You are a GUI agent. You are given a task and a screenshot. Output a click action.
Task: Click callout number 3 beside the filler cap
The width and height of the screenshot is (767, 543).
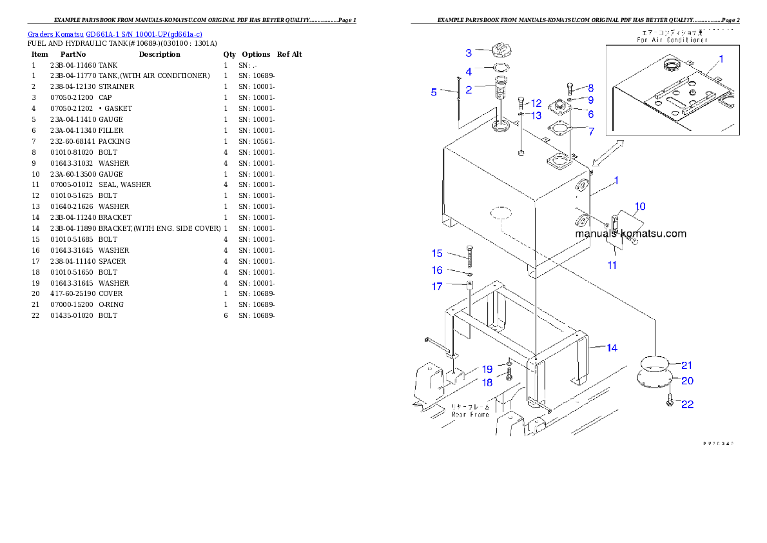pos(469,53)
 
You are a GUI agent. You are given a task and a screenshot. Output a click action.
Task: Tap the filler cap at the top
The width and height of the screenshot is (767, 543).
pos(500,49)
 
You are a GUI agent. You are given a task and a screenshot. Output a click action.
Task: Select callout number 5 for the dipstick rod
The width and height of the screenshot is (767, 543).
pos(434,92)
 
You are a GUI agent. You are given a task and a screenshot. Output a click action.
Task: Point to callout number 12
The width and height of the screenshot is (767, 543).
pos(536,103)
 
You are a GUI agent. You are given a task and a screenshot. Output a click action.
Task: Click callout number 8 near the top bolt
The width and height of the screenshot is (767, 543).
pos(590,88)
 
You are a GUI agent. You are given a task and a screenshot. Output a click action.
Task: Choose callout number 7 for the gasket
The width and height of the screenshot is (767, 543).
pos(591,131)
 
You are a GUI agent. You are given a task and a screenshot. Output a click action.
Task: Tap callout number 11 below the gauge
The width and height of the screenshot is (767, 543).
pos(612,264)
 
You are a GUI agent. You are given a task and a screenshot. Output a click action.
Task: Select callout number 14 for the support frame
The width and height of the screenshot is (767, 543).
pos(612,348)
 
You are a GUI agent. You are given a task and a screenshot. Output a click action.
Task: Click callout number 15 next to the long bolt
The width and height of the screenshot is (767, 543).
pos(437,253)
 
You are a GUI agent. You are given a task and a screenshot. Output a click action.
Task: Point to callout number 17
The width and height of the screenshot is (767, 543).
pos(437,286)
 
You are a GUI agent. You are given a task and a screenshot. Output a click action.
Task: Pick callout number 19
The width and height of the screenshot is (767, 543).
pos(487,370)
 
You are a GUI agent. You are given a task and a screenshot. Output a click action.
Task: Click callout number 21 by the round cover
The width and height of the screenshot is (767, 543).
pos(686,366)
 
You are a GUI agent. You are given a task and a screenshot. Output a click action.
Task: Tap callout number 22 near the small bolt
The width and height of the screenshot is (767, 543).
pos(688,404)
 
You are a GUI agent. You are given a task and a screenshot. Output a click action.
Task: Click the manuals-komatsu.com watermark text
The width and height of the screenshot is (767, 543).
pos(631,234)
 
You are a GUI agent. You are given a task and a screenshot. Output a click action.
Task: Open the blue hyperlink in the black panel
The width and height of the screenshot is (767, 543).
pos(115,34)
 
